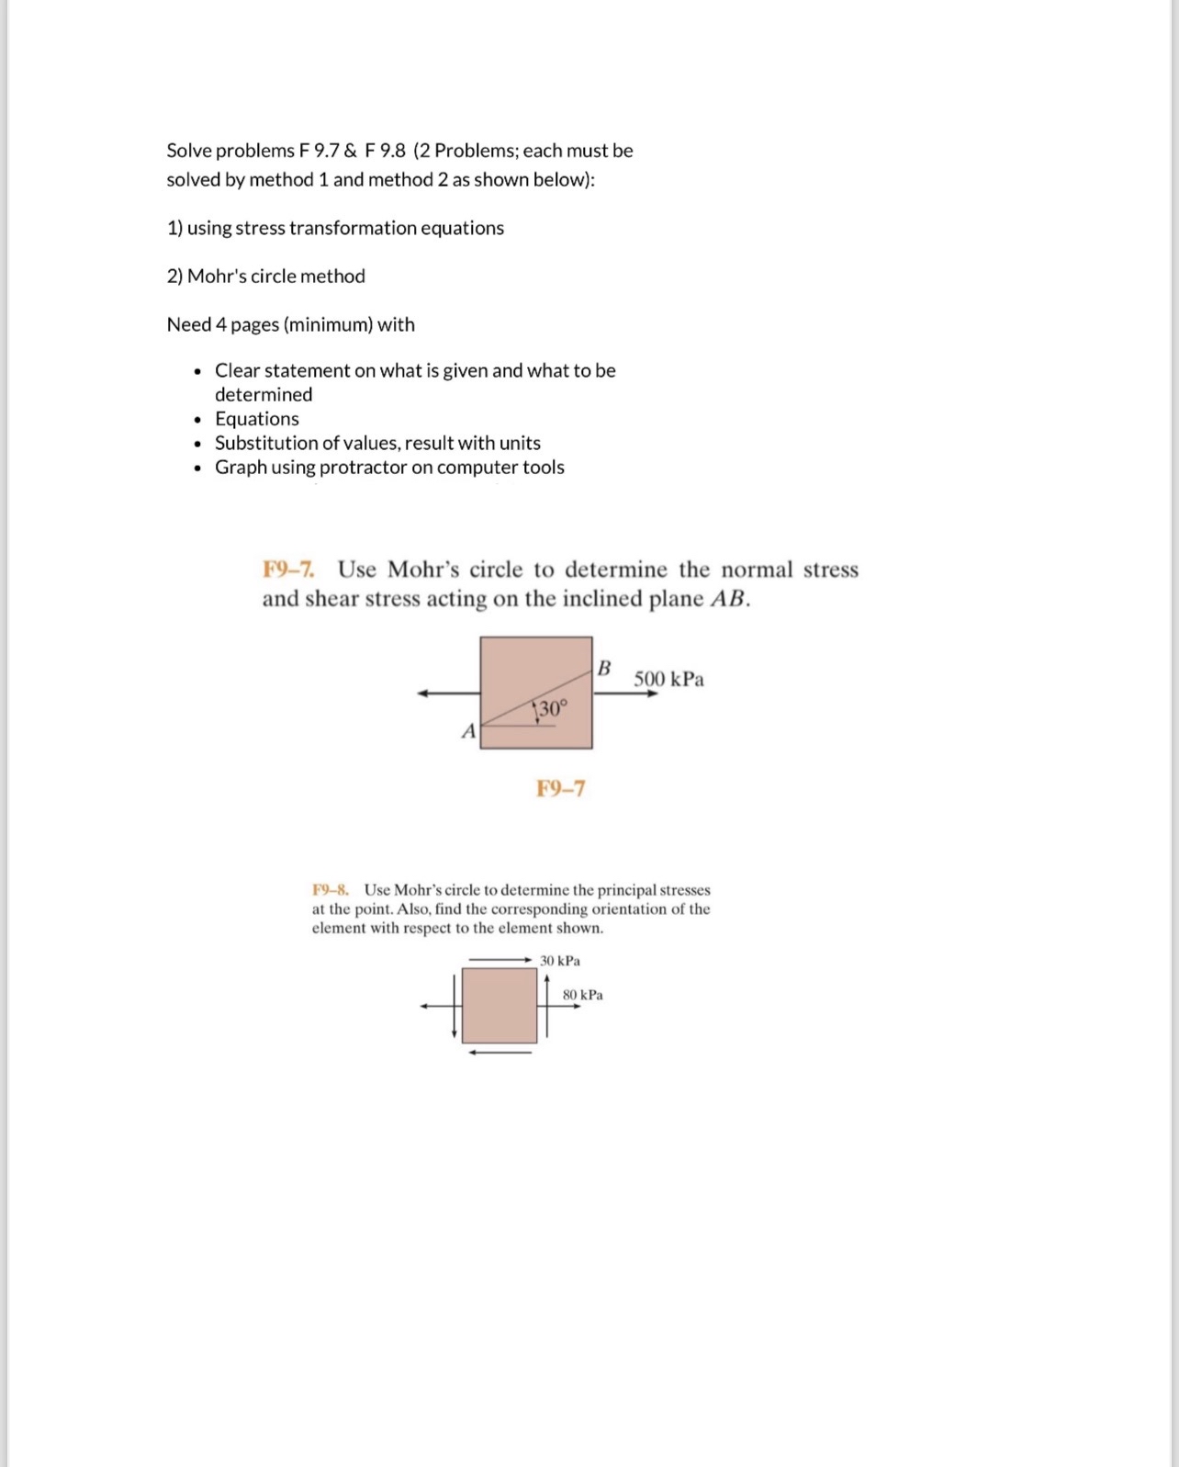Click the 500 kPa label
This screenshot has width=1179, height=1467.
point(668,679)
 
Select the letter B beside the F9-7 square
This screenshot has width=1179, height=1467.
point(604,668)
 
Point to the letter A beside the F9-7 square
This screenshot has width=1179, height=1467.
point(468,731)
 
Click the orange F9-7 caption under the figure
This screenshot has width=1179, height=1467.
point(560,788)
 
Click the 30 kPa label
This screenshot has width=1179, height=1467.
point(560,961)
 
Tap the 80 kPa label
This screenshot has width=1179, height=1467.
point(583,995)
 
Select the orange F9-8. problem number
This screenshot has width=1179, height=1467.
point(330,889)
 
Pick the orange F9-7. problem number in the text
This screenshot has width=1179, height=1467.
point(288,570)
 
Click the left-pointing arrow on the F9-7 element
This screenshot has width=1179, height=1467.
point(448,694)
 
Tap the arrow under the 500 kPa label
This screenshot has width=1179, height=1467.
point(626,694)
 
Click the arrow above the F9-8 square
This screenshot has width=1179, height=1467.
point(500,960)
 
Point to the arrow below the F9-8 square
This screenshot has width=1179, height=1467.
point(500,1053)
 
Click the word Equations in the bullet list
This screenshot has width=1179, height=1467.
point(257,419)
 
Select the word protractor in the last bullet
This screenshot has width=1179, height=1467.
point(363,468)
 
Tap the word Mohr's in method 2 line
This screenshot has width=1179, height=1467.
point(217,276)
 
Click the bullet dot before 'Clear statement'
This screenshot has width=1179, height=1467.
point(197,371)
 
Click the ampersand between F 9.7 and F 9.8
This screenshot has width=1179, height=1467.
point(351,151)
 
